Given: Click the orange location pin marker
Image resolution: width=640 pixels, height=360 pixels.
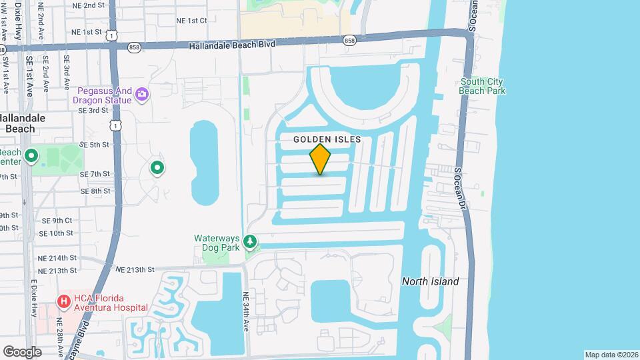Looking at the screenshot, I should pos(321,159).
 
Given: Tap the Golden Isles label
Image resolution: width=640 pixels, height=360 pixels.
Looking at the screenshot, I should pos(327,139).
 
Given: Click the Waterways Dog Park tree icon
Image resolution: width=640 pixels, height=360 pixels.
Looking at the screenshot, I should pos(251,241).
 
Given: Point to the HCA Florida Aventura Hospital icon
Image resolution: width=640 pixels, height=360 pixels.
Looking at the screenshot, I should pos(64,301).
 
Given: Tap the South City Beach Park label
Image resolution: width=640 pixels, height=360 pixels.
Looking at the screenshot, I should pos(483,86).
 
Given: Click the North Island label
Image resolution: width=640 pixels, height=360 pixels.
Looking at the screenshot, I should pos(430,281).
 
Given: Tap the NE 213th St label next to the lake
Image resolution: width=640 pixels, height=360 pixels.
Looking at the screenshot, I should pos(135,269).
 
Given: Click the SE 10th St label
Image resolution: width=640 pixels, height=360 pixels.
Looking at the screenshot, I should pos(56,233).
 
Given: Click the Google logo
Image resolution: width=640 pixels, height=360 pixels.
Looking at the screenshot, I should pos(22,351).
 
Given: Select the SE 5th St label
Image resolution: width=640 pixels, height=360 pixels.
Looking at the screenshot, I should pos(94,144).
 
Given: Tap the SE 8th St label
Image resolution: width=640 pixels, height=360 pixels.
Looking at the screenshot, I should pos(95,191).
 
